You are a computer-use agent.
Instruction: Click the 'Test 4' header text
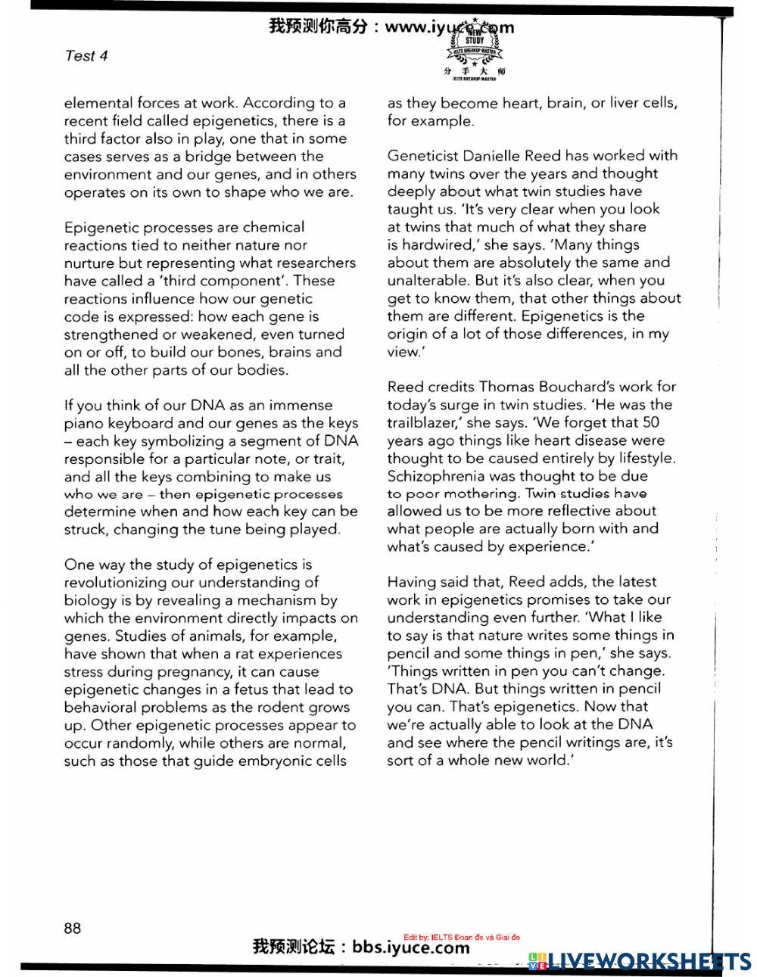[86, 55]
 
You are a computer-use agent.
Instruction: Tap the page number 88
[73, 928]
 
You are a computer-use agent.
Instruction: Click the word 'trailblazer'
[422, 405]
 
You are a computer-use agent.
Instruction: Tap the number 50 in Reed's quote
[650, 422]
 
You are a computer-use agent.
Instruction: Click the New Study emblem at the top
[475, 47]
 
